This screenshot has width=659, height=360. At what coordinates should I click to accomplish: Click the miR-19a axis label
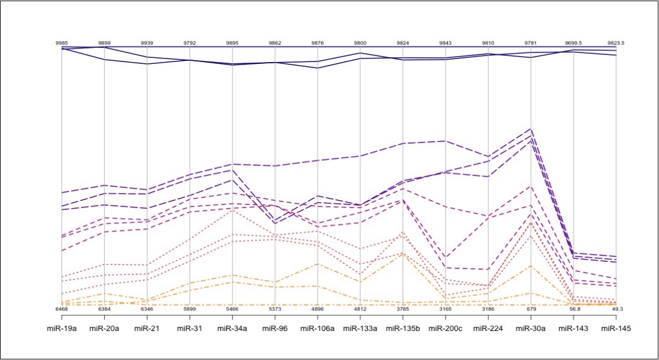[61, 327]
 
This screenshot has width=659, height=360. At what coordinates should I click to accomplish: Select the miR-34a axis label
[232, 327]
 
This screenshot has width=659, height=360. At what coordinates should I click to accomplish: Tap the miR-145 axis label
[616, 327]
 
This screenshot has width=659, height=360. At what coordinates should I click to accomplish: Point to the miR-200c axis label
[445, 327]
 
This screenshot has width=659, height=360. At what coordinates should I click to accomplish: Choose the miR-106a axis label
[317, 327]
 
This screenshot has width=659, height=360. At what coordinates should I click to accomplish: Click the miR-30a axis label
[531, 327]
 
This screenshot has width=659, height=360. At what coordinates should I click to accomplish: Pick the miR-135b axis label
[402, 327]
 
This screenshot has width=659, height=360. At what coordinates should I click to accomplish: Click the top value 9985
[61, 43]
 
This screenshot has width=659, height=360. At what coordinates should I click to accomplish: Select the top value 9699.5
[573, 43]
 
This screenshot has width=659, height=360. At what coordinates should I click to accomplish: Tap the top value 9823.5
[616, 43]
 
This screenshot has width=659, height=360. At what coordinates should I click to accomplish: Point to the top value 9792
[190, 43]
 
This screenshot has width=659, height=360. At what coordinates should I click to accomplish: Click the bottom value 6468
[61, 309]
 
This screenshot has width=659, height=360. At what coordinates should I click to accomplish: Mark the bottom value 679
[531, 309]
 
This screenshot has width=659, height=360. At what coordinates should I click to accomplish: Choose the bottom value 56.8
[573, 309]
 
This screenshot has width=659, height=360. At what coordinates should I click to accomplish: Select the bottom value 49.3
[616, 309]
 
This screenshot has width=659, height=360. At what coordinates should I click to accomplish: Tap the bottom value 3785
[402, 309]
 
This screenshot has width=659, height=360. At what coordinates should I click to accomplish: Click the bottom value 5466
[232, 309]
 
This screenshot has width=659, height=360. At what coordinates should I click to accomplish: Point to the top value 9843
[445, 43]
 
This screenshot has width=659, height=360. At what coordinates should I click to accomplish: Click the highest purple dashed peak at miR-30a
[531, 129]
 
